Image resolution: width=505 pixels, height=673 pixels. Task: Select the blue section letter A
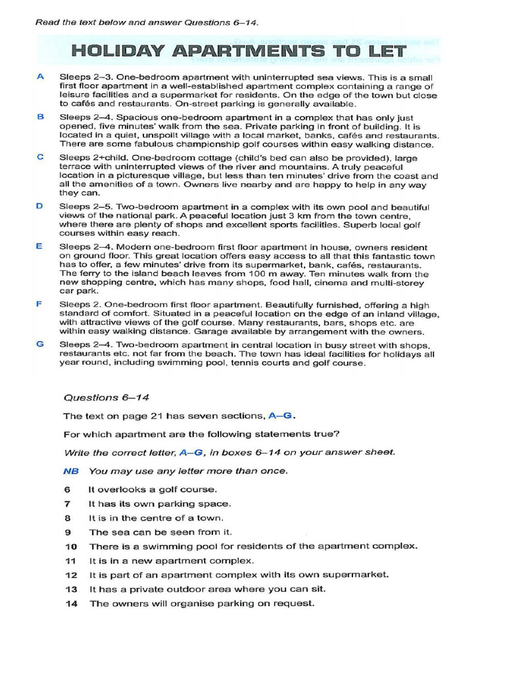41,76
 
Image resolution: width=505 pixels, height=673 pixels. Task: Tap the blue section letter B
41,116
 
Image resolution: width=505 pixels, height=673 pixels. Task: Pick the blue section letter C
41,157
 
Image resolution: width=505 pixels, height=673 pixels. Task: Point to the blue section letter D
41,206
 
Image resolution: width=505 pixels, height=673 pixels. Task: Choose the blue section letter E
41,246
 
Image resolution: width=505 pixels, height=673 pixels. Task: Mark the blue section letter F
41,304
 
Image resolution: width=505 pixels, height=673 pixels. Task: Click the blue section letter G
41,344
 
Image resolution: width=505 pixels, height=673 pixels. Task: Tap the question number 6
67,490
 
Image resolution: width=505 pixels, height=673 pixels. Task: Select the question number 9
67,532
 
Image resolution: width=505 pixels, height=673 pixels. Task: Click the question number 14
71,603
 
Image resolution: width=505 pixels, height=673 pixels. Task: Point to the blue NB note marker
70,471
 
